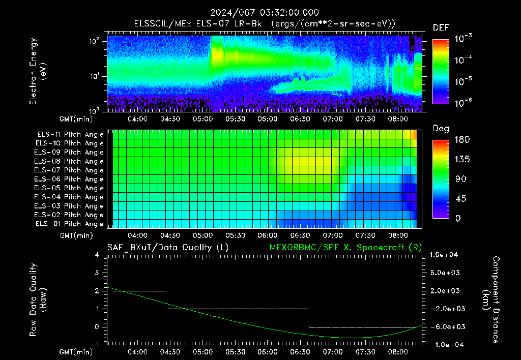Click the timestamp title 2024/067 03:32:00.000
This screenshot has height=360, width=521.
pos(265,13)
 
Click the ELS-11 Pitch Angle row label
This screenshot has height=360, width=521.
pos(70,135)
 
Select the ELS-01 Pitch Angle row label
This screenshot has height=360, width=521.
pos(69,224)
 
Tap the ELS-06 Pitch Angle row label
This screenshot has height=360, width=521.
pos(69,179)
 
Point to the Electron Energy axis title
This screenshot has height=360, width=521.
pos(38,71)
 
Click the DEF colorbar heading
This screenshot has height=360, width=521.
pos(441,27)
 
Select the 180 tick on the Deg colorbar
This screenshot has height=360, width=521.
pos(462,139)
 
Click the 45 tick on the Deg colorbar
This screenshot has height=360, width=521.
pos(460,199)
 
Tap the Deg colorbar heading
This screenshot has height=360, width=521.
pos(441,129)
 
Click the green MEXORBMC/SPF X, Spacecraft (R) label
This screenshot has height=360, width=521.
pos(345,248)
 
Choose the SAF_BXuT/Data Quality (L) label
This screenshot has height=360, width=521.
pos(168,248)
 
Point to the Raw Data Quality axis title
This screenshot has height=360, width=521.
pos(38,300)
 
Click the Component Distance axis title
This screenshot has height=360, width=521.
pos(491,300)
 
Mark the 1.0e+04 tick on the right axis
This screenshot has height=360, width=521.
pos(444,255)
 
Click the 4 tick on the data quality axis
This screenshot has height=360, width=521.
pos(97,255)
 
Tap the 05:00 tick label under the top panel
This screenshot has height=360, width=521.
pos(202,119)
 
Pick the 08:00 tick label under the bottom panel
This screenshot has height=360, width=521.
pos(398,352)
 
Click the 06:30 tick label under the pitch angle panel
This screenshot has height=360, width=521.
pos(300,235)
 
